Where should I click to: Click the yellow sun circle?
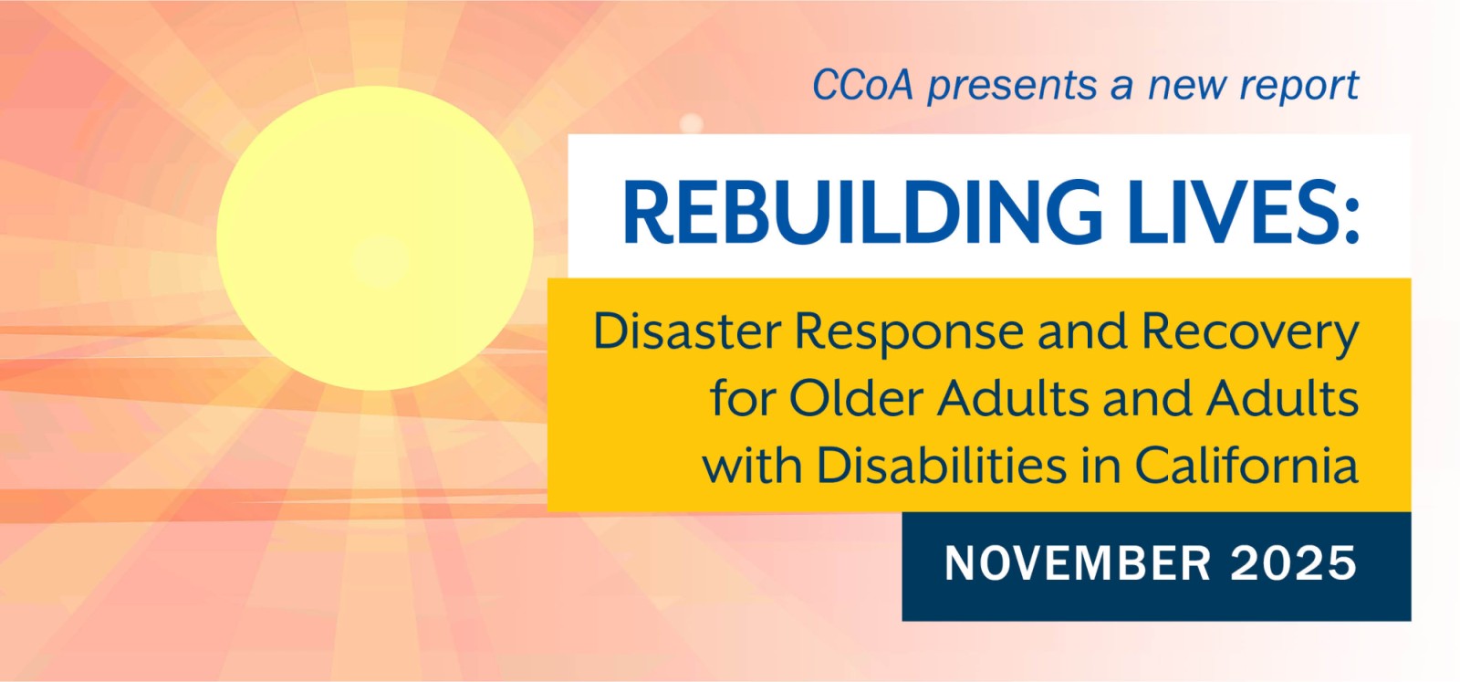pos(375,238)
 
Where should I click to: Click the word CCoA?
pos(861,86)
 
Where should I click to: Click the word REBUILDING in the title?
pos(861,213)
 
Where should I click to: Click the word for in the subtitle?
pos(743,399)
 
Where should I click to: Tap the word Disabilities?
pos(940,466)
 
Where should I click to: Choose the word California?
pos(1246,466)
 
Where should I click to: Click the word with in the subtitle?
pos(753,466)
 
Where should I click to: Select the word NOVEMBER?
pos(1078,563)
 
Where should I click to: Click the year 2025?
pos(1293,563)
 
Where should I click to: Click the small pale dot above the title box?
pos(691,122)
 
